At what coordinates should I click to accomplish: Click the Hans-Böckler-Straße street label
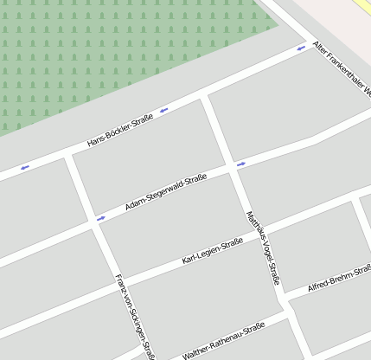[120, 129]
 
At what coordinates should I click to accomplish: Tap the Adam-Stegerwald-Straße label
[165, 192]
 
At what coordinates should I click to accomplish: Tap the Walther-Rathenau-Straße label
[222, 342]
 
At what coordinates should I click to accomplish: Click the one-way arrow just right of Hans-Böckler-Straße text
[163, 109]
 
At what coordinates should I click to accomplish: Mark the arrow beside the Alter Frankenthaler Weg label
[301, 48]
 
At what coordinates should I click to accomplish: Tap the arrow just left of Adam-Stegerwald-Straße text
[101, 218]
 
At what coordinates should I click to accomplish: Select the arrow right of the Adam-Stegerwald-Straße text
[240, 162]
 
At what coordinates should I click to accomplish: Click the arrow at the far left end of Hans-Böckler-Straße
[24, 167]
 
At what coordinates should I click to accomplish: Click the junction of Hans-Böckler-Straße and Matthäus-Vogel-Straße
[205, 96]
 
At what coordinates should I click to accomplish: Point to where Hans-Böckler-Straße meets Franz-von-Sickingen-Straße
[68, 155]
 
